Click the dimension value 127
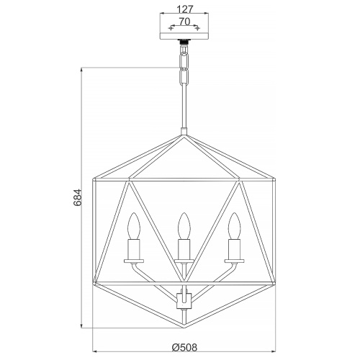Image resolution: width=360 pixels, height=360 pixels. [x=185, y=9]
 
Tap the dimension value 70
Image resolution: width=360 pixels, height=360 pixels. [x=184, y=22]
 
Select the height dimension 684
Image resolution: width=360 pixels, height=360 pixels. [x=78, y=197]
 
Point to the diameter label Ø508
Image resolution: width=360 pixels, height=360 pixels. [x=184, y=347]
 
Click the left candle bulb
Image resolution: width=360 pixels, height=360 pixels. [x=134, y=225]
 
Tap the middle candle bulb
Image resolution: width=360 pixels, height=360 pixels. [x=184, y=225]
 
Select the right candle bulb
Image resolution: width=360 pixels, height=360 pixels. [x=234, y=225]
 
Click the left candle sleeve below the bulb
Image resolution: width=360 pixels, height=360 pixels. [x=134, y=249]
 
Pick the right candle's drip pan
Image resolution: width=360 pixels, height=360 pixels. [x=234, y=261]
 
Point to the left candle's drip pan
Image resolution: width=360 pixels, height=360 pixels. [x=134, y=261]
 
